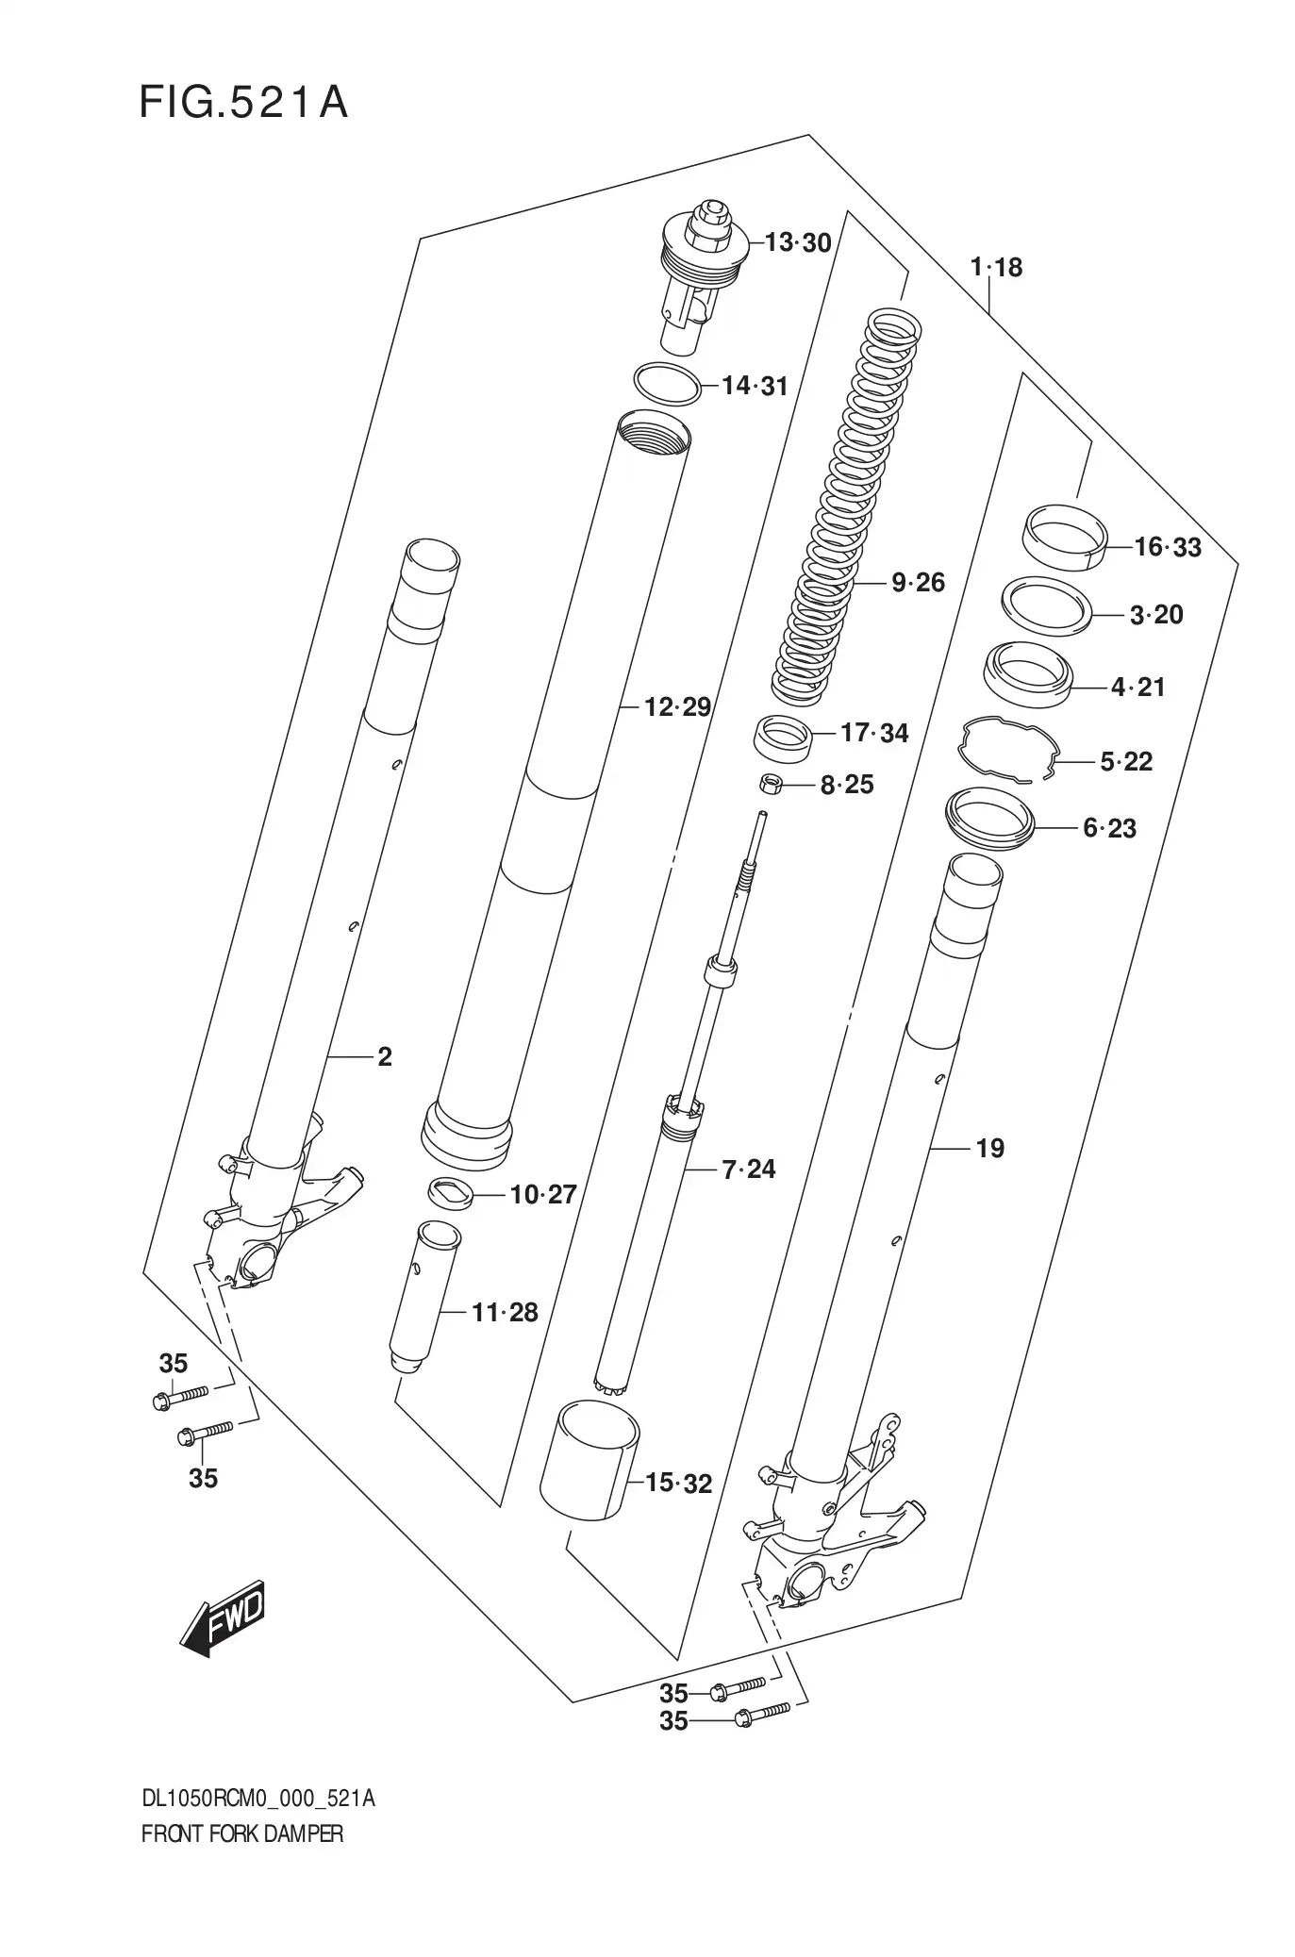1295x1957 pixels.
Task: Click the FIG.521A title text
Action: click(243, 103)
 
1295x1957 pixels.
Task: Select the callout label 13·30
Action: click(797, 243)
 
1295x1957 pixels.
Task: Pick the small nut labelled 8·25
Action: click(771, 783)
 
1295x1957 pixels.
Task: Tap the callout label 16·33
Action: click(1167, 547)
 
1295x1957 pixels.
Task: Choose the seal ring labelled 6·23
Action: click(990, 821)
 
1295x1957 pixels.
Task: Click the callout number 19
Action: click(989, 1148)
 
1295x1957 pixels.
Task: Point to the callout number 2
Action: click(384, 1057)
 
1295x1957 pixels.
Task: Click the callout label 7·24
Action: click(748, 1169)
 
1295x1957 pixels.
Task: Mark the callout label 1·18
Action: click(996, 268)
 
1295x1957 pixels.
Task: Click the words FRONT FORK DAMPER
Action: click(241, 1834)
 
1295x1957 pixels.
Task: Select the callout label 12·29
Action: click(676, 706)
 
